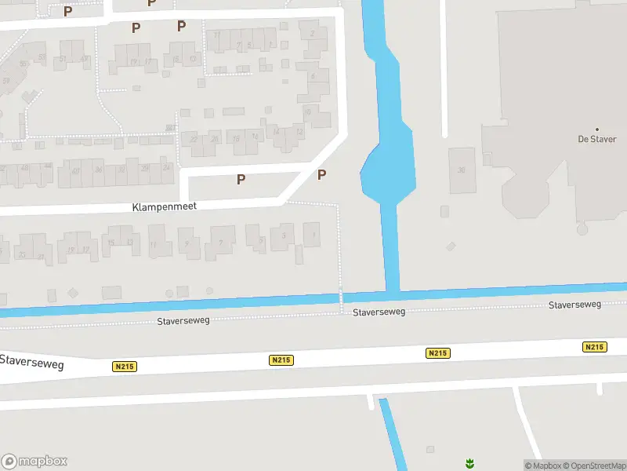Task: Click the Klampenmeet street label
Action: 164,206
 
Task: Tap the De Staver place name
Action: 597,139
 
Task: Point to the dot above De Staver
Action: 597,129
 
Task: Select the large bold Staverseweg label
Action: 31,363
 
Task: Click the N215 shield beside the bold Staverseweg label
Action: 123,367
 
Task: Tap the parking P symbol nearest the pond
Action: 321,175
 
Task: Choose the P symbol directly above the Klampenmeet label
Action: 241,179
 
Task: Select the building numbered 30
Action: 462,170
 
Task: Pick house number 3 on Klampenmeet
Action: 283,235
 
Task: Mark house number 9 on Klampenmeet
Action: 187,243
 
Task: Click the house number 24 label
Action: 166,168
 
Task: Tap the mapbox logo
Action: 34,462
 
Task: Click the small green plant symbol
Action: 469,463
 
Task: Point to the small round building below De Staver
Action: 582,229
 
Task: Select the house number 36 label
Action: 99,170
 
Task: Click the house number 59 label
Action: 6,81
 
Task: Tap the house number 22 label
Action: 194,140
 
